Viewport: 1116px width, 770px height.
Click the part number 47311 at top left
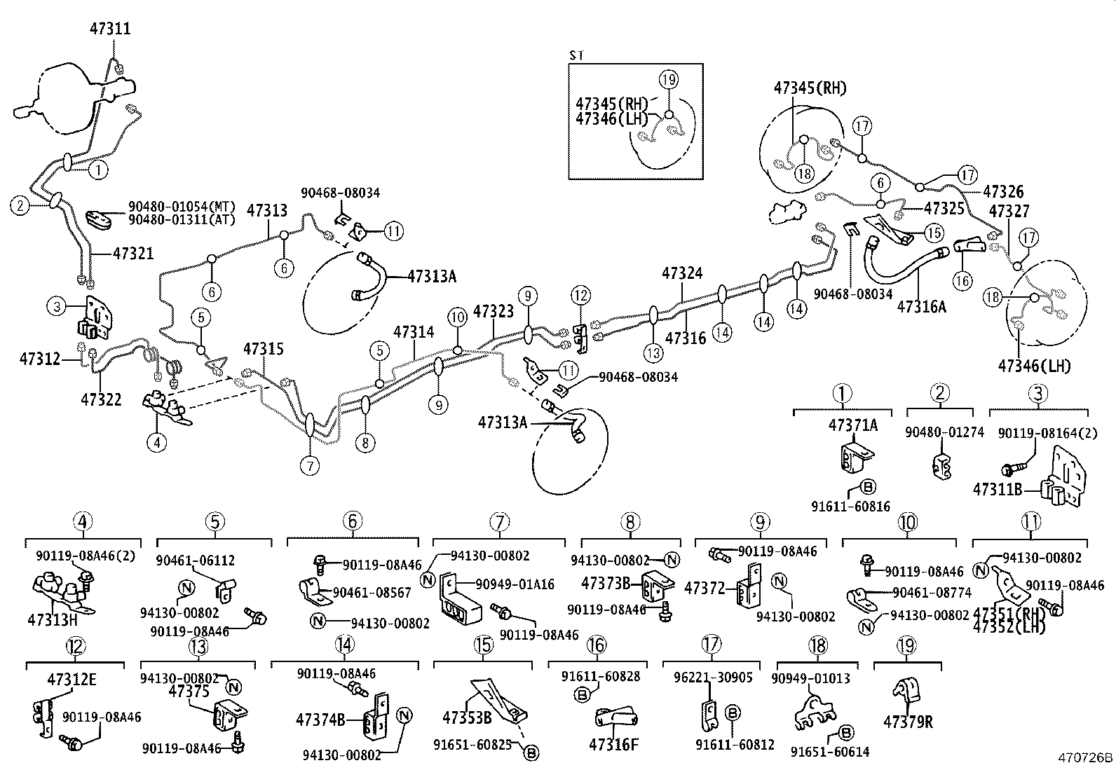click(x=110, y=29)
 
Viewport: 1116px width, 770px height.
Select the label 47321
click(x=133, y=254)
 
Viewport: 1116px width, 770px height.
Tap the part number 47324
click(x=682, y=273)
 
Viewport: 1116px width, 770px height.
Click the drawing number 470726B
click(x=1085, y=757)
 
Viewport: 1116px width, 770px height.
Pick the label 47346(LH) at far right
click(x=1035, y=365)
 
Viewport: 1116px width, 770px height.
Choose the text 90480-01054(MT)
click(x=182, y=207)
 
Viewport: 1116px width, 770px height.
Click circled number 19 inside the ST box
click(x=669, y=80)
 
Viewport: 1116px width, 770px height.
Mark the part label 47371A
click(x=852, y=425)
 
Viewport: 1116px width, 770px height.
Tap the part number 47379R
click(x=908, y=721)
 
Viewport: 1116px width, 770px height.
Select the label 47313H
click(x=52, y=619)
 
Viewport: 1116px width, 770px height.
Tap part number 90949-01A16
click(x=515, y=584)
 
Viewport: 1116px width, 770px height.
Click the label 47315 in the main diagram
click(x=264, y=348)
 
